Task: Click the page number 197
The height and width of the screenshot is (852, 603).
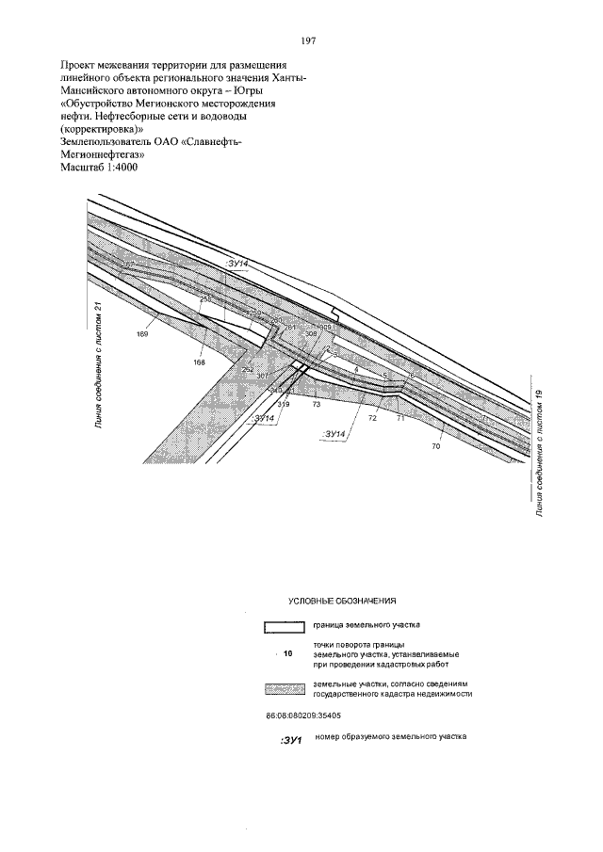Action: pyautogui.click(x=307, y=41)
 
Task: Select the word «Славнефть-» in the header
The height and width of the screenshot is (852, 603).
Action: pyautogui.click(x=204, y=140)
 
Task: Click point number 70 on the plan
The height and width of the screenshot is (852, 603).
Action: pyautogui.click(x=435, y=446)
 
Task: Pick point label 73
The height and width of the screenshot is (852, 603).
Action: pyautogui.click(x=317, y=404)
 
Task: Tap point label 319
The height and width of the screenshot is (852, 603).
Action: pyautogui.click(x=284, y=404)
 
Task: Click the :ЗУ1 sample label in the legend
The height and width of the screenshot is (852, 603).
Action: pyautogui.click(x=290, y=742)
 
